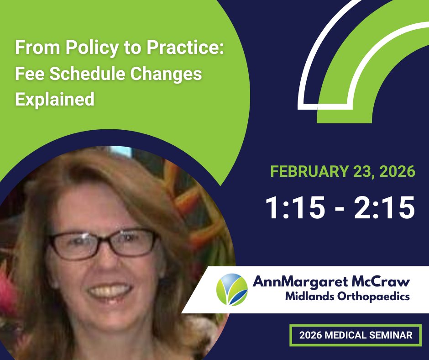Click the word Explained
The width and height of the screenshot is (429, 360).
tap(55, 99)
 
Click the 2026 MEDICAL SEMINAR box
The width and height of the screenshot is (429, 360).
tap(356, 335)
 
